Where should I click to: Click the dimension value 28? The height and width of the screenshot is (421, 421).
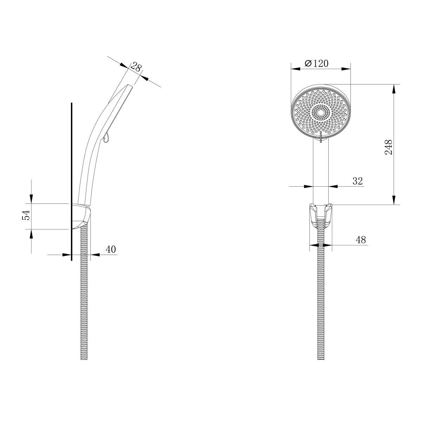pyautogui.click(x=136, y=68)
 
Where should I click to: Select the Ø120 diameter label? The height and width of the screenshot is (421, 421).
pyautogui.click(x=316, y=64)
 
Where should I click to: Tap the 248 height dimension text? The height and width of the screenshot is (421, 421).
pyautogui.click(x=389, y=147)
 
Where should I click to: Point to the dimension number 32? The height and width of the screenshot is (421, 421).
pyautogui.click(x=357, y=181)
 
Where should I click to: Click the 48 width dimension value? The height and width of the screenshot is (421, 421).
pyautogui.click(x=361, y=240)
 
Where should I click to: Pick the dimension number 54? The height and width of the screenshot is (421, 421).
pyautogui.click(x=26, y=215)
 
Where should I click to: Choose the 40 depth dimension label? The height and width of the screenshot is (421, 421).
pyautogui.click(x=111, y=249)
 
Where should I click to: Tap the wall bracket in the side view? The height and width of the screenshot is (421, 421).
pyautogui.click(x=81, y=216)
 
